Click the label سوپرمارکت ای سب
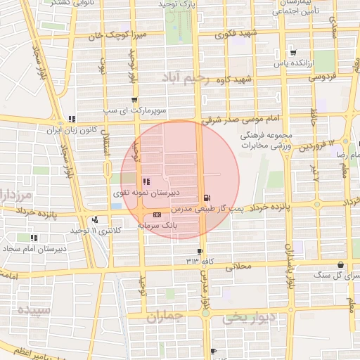pos(134,110)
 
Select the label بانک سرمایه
pos(156,225)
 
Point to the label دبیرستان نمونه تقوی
pos(147,192)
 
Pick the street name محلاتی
pos(236,266)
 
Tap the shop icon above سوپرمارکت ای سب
pos(134,100)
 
